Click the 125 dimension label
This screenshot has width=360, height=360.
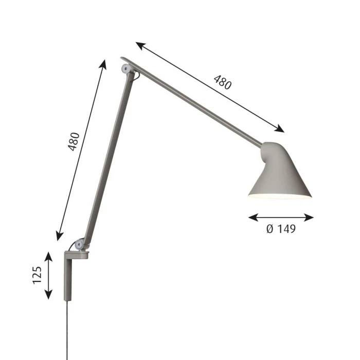pyautogui.click(x=37, y=275)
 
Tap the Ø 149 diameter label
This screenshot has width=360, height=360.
pyautogui.click(x=281, y=229)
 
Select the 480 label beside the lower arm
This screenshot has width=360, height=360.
pyautogui.click(x=74, y=141)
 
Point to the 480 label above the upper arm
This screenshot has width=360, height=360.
pyautogui.click(x=223, y=82)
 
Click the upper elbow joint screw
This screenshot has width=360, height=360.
pyautogui.click(x=126, y=68)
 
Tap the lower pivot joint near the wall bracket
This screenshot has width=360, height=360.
pyautogui.click(x=79, y=244)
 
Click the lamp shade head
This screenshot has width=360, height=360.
pyautogui.click(x=280, y=171)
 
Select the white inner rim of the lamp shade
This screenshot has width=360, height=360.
pyautogui.click(x=280, y=196)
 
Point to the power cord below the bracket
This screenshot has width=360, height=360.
pyautogui.click(x=67, y=330)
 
